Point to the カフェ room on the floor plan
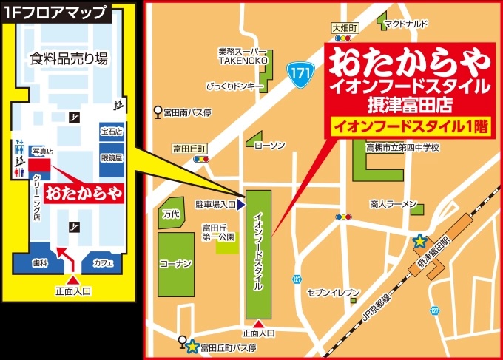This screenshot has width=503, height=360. point(103,262)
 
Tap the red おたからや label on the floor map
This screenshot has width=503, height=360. point(82,194)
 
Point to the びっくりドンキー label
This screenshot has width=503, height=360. point(236,86)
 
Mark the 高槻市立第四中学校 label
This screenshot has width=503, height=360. point(403,147)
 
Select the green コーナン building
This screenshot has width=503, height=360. point(176,263)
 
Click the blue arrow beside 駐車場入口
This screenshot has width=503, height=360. point(241,203)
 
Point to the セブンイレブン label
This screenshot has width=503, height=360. point(334,292)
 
